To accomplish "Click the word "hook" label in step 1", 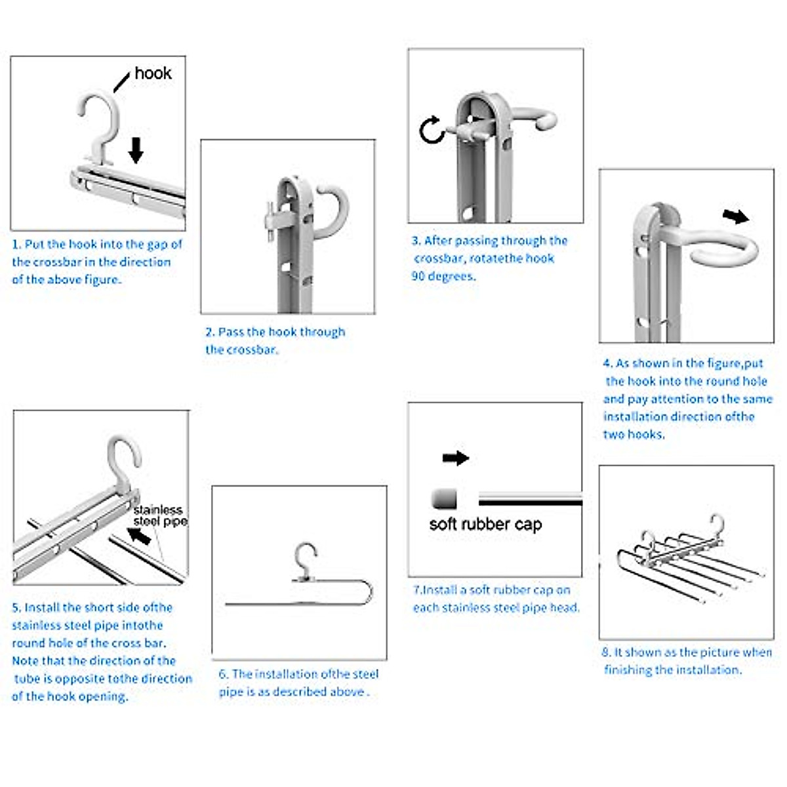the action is [x=153, y=73].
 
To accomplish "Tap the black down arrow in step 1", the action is [x=136, y=149].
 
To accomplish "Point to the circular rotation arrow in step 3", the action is [x=432, y=129].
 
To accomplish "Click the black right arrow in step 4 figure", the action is [x=736, y=216].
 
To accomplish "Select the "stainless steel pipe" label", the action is [x=159, y=515].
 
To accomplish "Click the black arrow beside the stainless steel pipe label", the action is [x=139, y=536].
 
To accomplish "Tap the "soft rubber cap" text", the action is [x=485, y=524].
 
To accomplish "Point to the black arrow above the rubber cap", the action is [x=456, y=458].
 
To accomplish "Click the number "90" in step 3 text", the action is [x=418, y=276].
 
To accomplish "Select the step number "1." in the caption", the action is [x=16, y=245].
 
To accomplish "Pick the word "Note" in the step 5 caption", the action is [x=26, y=661].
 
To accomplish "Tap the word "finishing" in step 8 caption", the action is [x=628, y=670].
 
